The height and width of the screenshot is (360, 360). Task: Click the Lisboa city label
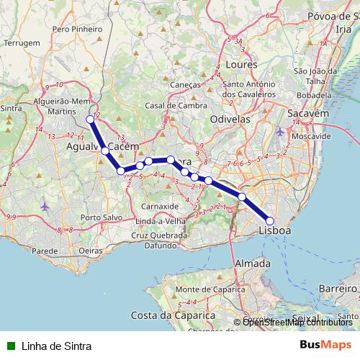274,230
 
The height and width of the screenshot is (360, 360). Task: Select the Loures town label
241,64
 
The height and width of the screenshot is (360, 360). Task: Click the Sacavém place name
308,114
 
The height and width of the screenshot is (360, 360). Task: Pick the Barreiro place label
337,287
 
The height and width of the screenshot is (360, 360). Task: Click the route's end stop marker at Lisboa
270,221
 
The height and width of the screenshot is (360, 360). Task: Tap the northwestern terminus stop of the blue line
90,120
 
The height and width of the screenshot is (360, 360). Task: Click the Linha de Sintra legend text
56,346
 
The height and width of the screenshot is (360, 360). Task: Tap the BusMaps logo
325,345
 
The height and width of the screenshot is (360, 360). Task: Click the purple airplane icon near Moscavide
280,132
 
